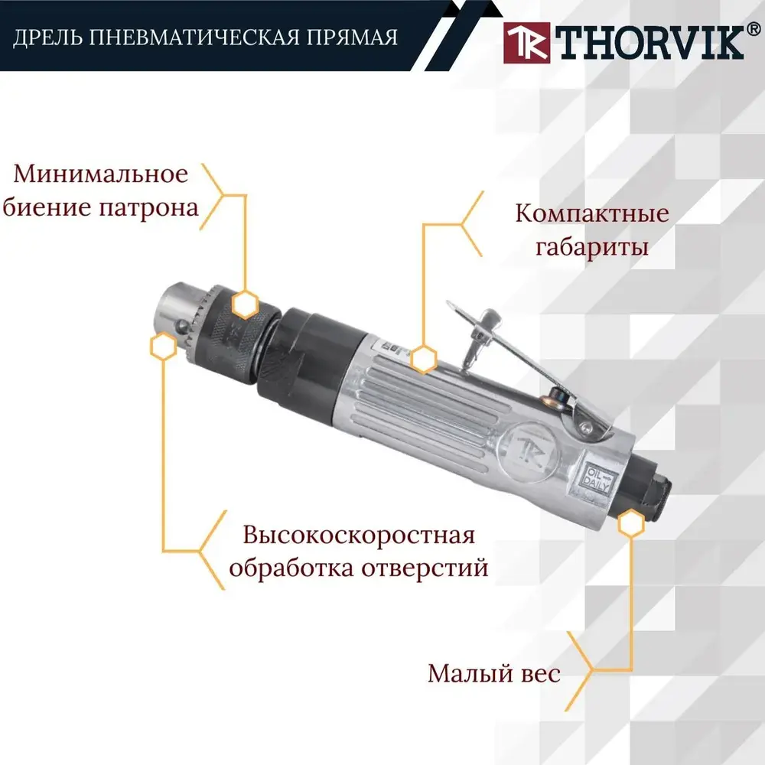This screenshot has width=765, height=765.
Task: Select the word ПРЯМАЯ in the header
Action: tap(352, 37)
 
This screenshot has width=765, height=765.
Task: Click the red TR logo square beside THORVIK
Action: tap(526, 43)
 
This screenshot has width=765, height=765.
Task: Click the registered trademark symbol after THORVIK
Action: tap(753, 30)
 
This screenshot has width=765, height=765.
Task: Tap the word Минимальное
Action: tap(100, 174)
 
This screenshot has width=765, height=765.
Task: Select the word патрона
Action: tap(149, 208)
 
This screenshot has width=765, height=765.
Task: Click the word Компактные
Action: tap(592, 213)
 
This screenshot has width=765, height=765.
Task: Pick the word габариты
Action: tap(592, 247)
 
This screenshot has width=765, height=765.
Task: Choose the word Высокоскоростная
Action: tap(359, 535)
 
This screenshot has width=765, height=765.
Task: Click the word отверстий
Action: tap(425, 568)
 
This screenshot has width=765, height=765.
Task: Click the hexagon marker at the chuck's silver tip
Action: tap(164, 347)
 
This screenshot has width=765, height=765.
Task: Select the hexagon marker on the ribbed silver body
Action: tap(423, 360)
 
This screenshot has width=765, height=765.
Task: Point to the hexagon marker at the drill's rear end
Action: tap(631, 523)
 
